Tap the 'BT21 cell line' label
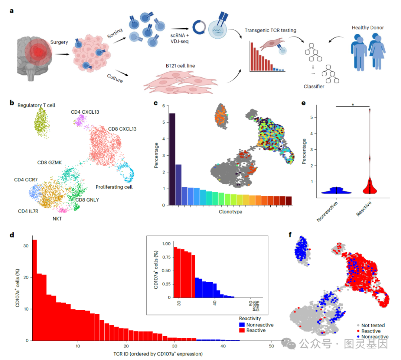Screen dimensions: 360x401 [x=180, y=66]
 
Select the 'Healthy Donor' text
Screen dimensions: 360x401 [x=368, y=28]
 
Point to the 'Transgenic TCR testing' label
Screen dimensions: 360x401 [x=270, y=30]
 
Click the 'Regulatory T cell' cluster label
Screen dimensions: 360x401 [x=36, y=105]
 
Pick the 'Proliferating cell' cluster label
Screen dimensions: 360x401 [x=114, y=187]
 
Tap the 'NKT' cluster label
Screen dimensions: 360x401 [x=57, y=219]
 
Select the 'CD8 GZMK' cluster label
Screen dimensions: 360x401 [x=50, y=163]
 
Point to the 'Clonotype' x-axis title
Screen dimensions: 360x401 [x=230, y=212]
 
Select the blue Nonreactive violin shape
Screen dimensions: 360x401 [x=336, y=191]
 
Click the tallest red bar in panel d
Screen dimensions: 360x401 [x=34, y=290]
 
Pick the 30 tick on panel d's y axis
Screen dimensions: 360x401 [x=25, y=246]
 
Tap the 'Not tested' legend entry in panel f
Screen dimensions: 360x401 [x=373, y=325]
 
